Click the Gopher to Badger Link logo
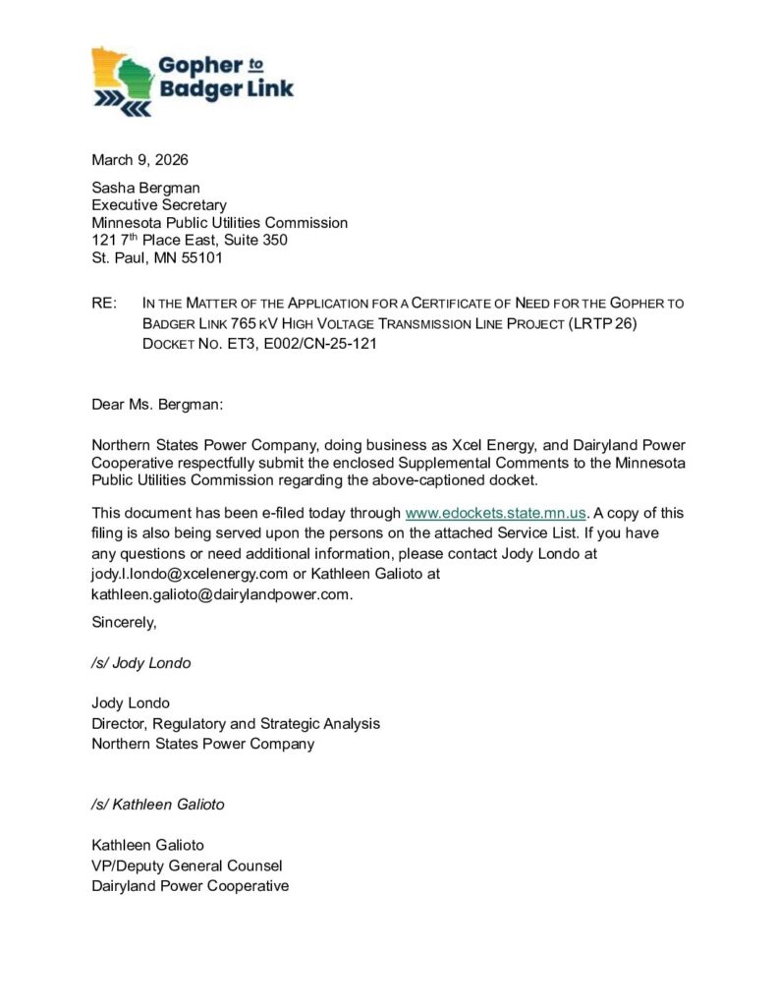193,81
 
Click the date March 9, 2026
139,160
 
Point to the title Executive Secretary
158,205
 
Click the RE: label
104,303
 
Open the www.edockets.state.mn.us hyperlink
495,513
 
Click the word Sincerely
124,622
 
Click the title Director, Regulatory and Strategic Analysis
235,723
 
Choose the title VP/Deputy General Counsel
187,866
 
